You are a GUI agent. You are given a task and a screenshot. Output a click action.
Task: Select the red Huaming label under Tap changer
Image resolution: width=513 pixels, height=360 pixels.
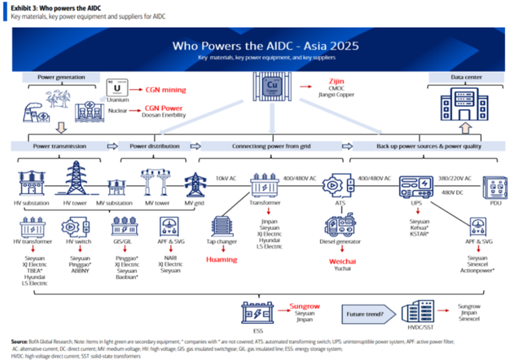pos(221,260)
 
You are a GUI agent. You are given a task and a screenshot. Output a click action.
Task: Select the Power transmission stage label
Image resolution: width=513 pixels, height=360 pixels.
pos(59,146)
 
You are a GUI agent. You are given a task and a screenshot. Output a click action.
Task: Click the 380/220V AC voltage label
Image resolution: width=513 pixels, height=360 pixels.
pos(455,176)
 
